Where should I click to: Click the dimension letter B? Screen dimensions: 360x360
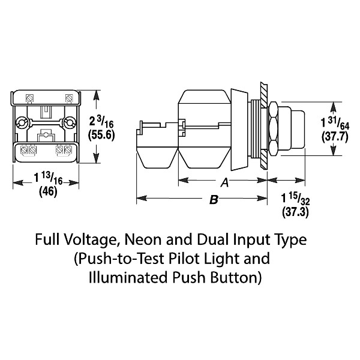tap(213, 202)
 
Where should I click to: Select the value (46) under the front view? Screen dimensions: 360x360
tap(46, 193)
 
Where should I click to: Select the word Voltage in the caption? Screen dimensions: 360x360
tap(91, 241)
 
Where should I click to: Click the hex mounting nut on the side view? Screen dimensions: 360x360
tap(272, 127)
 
